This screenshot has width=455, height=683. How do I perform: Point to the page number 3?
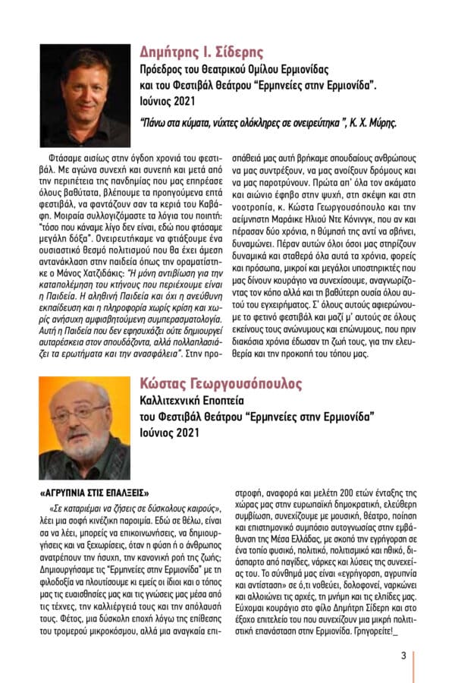click(403, 656)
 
